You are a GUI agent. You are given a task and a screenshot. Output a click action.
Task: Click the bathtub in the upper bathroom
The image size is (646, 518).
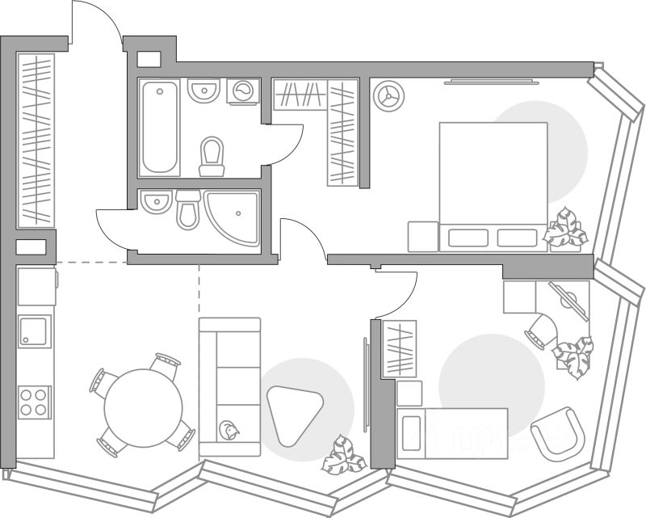click(159, 126)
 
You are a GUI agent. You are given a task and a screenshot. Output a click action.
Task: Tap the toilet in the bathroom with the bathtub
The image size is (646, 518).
click(212, 156)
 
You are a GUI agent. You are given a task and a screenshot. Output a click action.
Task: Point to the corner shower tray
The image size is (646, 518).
click(234, 217)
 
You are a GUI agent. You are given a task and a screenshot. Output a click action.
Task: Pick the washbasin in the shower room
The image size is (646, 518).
click(156, 201)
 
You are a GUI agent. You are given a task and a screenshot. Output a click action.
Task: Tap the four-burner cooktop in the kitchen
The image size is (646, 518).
click(35, 401)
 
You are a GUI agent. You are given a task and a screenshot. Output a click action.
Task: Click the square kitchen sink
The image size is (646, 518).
click(35, 331)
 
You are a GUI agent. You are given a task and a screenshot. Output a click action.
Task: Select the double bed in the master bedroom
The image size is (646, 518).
click(493, 186)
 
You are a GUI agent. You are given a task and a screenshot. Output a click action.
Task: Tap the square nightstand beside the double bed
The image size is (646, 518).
click(422, 236)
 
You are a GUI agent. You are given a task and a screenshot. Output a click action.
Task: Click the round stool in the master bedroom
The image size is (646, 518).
click(388, 95)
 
